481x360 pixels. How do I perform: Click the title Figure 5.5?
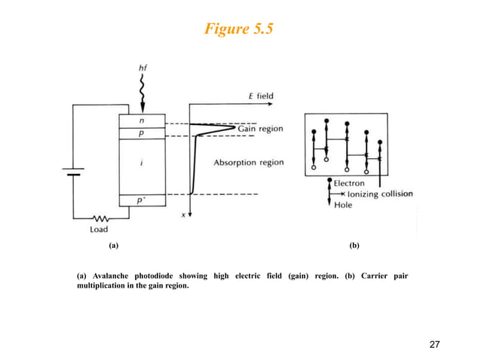240,29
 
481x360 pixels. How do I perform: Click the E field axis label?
261,96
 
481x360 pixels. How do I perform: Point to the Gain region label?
261,129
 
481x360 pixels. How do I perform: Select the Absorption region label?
248,162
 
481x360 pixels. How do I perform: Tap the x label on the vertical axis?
183,215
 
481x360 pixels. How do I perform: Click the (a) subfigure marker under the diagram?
113,246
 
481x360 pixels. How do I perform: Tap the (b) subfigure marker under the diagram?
354,246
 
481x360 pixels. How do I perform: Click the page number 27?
434,345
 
